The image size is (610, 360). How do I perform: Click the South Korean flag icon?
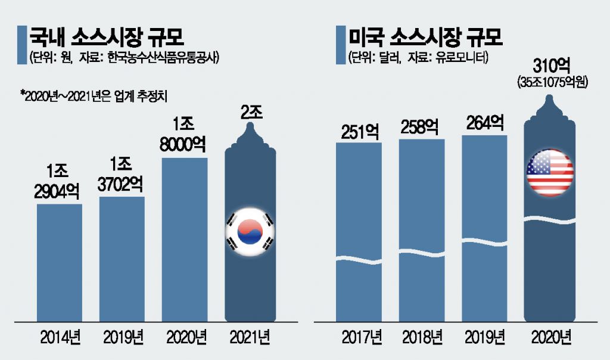coord(250,232)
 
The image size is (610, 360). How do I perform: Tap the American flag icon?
coord(550,172)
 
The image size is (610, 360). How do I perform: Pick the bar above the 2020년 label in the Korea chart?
coord(185,238)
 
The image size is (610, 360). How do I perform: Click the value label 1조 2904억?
coord(59,181)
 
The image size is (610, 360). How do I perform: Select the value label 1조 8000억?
coord(184,135)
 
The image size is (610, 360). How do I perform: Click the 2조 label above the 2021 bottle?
coord(251,112)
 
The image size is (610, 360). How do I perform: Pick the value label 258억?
coord(422,127)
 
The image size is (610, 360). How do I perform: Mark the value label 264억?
coord(485,123)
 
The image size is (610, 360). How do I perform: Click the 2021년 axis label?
coord(251,337)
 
